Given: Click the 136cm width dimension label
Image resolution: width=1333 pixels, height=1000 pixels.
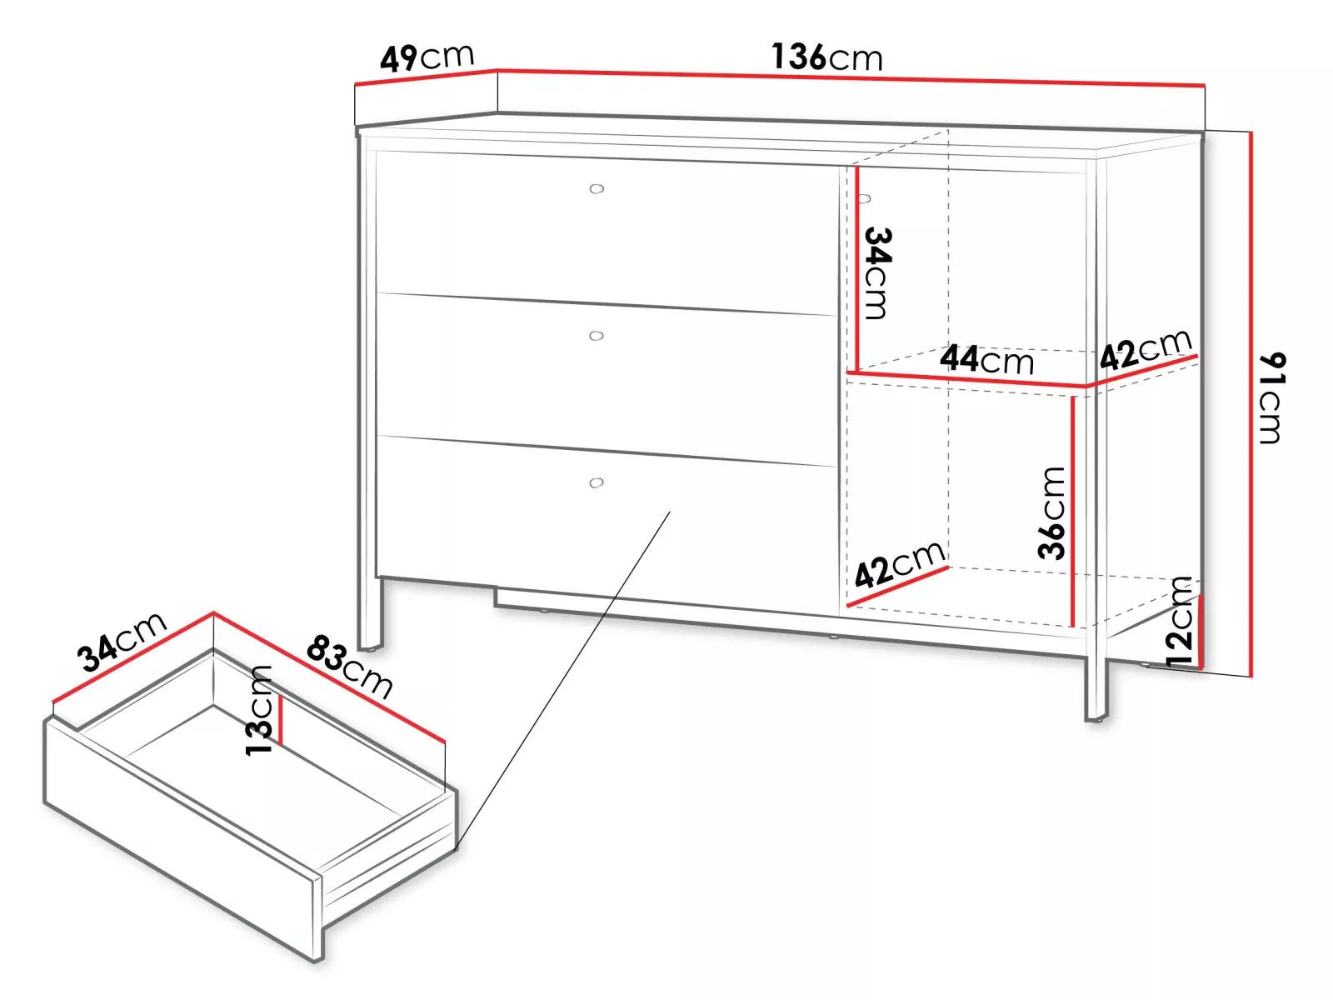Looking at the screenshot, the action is tap(826, 57).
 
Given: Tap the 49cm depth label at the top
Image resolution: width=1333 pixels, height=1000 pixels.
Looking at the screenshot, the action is tap(427, 57).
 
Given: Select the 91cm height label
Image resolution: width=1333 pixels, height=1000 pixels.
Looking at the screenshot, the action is tap(1271, 397).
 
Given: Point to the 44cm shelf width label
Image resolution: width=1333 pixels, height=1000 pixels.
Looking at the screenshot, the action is tap(986, 359).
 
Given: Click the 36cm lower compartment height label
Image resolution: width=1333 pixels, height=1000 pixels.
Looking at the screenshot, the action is tap(1051, 513).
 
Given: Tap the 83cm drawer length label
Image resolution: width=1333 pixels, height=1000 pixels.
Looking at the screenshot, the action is tap(350, 666).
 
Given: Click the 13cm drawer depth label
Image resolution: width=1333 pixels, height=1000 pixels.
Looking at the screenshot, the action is tap(259, 710).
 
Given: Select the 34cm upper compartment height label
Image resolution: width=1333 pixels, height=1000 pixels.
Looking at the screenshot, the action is tap(877, 272).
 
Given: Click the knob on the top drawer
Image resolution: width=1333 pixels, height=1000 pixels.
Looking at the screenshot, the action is tap(597, 189).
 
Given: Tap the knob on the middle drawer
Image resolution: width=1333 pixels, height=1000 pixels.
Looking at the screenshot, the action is tap(597, 336).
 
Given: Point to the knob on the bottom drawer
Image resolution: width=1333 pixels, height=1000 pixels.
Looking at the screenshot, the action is tap(597, 482).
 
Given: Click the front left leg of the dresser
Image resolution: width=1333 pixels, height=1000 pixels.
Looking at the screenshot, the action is tap(370, 613).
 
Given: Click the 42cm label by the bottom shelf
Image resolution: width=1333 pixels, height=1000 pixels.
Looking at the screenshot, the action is tap(900, 565).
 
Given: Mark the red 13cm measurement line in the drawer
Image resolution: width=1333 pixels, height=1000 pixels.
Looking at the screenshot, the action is tap(281, 719).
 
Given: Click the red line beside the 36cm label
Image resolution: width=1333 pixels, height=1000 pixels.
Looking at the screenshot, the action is tap(1073, 511).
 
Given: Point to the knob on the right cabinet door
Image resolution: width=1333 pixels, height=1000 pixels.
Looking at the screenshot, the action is tap(864, 198).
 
